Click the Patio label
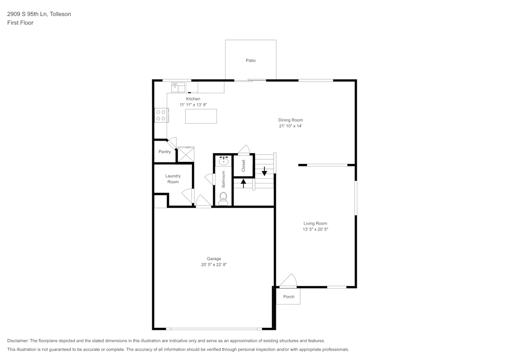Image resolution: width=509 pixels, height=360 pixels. [250, 61]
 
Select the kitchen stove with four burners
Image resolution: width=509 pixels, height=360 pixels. [161, 115]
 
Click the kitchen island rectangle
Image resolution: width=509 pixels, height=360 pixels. [201, 116]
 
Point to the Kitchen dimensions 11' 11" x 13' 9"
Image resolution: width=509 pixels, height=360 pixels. [193, 105]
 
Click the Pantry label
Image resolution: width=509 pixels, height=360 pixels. [164, 152]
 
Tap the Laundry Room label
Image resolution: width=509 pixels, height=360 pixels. [173, 179]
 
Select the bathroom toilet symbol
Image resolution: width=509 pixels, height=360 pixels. [223, 198]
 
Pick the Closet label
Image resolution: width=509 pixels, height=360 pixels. [243, 165]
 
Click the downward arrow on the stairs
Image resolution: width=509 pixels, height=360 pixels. [264, 171]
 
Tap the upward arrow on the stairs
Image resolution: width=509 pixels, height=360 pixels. [243, 183]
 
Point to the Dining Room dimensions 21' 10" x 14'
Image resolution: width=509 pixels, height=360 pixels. [290, 126]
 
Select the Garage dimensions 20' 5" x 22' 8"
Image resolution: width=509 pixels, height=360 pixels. [213, 265]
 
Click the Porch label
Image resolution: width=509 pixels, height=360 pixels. [289, 297]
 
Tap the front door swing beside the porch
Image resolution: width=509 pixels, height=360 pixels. [288, 281]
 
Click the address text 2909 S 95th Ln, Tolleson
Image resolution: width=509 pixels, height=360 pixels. [39, 14]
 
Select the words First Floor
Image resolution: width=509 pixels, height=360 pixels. [20, 23]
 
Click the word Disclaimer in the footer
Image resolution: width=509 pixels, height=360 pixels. [18, 341]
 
